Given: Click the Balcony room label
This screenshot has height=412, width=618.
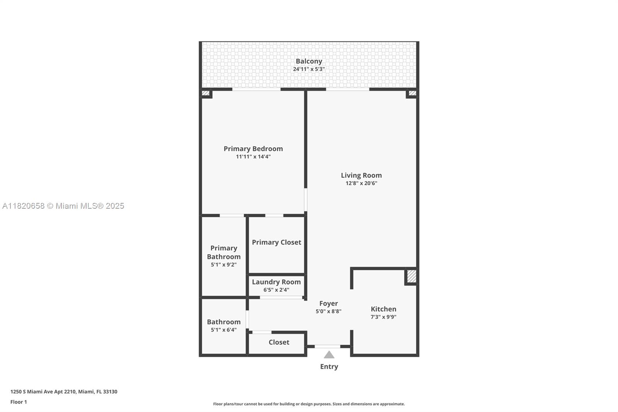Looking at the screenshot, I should pos(309,61).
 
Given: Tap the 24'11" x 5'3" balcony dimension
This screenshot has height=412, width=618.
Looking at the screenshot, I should pos(309,69).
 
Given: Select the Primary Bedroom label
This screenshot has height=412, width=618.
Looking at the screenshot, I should pos(253,149).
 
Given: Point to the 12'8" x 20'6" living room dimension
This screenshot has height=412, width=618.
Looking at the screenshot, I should pos(361,183).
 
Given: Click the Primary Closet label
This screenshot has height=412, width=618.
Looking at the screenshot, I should pos(276,242).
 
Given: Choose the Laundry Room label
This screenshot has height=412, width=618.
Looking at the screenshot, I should pos(276,282).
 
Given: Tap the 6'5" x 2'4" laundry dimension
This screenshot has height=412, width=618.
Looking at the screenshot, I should pos(276,290).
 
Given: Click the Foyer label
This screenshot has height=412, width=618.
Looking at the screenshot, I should pos(328,303).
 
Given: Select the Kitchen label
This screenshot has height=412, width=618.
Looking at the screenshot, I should pos(383,309).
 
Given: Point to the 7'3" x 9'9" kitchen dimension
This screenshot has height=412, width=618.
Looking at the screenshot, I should pos(383,317).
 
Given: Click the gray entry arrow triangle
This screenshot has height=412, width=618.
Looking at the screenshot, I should pos(329,355).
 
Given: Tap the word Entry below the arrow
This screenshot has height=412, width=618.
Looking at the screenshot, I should pos(329,366).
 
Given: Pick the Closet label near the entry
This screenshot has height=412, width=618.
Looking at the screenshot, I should pos(279,342).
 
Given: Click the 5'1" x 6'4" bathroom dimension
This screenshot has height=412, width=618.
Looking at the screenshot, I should pos(224,330).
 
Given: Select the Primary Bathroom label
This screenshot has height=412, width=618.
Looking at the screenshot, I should pos(224,252).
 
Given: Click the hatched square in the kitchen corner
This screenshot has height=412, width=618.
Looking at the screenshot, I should pos(411,276).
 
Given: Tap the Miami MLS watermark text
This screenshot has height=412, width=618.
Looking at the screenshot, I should pos(63,206).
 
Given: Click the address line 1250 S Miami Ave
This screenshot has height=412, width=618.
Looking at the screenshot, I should pos(64,392).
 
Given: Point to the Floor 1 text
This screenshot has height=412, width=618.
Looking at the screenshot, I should pos(19,402).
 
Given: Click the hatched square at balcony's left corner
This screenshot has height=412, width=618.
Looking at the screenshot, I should pos(206,93).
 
